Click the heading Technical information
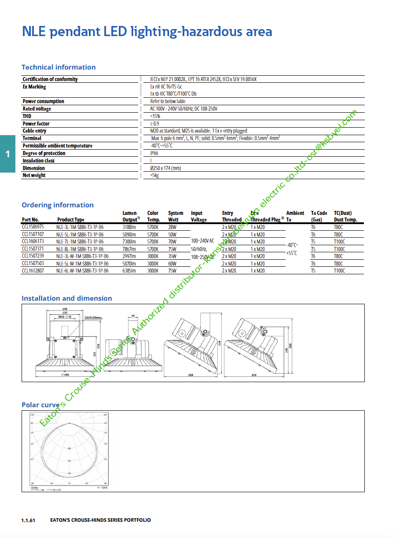point(59,67)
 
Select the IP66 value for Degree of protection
point(154,153)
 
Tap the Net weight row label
point(34,175)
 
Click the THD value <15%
point(155,116)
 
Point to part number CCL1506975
point(33,227)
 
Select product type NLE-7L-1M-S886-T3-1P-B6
point(80,242)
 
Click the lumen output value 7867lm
point(130,249)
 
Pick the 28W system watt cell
point(172,227)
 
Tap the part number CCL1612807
point(33,271)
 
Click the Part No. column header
point(30,220)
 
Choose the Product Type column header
point(71,220)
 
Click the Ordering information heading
point(58,205)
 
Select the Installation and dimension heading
point(67,298)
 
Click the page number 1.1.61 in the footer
point(28,520)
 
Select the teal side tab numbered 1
point(7,154)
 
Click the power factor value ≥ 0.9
point(154,124)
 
